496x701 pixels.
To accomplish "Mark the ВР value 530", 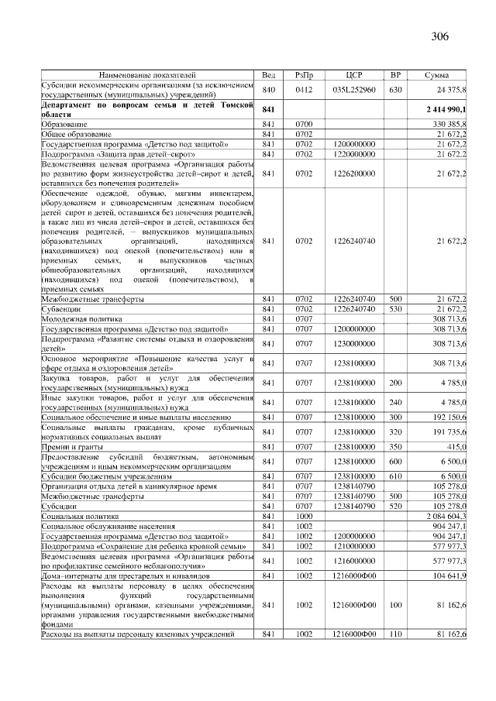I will [x=395, y=308].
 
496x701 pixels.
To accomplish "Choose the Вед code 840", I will [x=269, y=90].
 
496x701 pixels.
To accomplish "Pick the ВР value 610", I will [x=395, y=476].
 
